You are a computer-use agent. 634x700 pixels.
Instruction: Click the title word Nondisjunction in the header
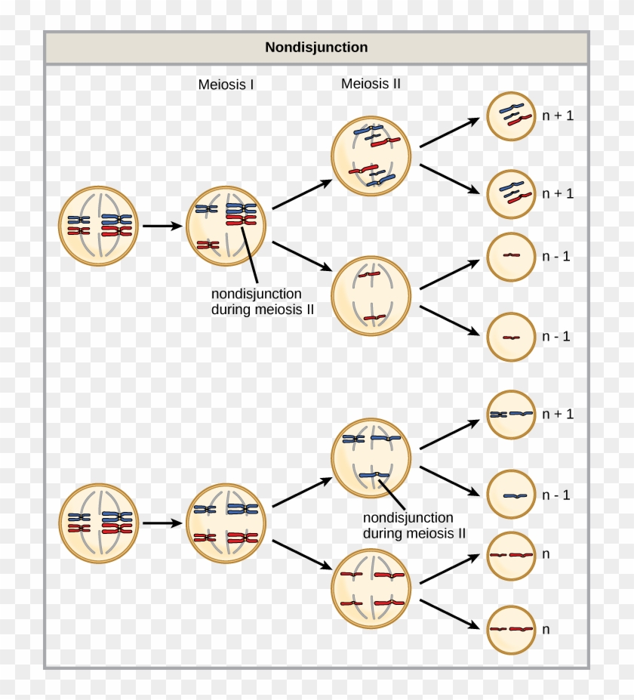tap(316, 48)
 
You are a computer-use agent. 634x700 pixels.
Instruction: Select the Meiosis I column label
tap(226, 85)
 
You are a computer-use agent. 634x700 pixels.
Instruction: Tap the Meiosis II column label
tap(371, 84)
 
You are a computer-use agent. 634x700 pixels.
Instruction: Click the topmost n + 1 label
tap(558, 116)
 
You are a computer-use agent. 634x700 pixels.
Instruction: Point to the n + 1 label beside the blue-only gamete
tap(558, 414)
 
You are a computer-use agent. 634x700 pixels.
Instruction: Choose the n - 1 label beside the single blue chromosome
tap(556, 495)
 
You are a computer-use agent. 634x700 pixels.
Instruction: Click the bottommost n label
tap(545, 629)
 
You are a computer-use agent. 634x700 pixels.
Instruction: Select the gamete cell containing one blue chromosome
tap(511, 495)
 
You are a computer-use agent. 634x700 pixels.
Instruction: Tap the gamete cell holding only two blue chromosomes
tap(511, 415)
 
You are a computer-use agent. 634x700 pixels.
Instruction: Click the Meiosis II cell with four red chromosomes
tap(371, 589)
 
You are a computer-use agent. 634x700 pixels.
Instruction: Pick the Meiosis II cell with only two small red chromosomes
tap(371, 295)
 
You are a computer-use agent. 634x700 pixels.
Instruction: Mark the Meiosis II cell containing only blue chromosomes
tap(371, 458)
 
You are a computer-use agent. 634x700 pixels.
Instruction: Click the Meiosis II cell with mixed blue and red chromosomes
tap(371, 156)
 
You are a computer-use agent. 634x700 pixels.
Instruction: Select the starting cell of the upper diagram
tap(99, 225)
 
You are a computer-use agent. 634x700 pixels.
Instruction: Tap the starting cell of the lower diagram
tap(99, 523)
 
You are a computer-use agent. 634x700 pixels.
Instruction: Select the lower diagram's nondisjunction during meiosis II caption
tap(414, 526)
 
